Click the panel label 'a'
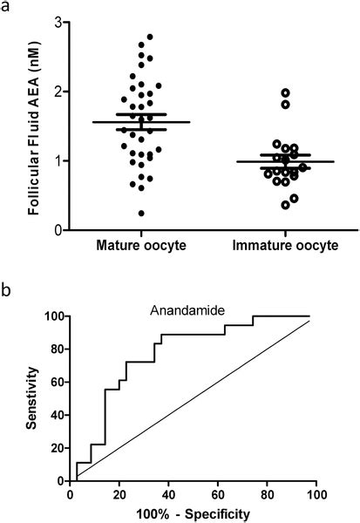coord(6,8)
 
